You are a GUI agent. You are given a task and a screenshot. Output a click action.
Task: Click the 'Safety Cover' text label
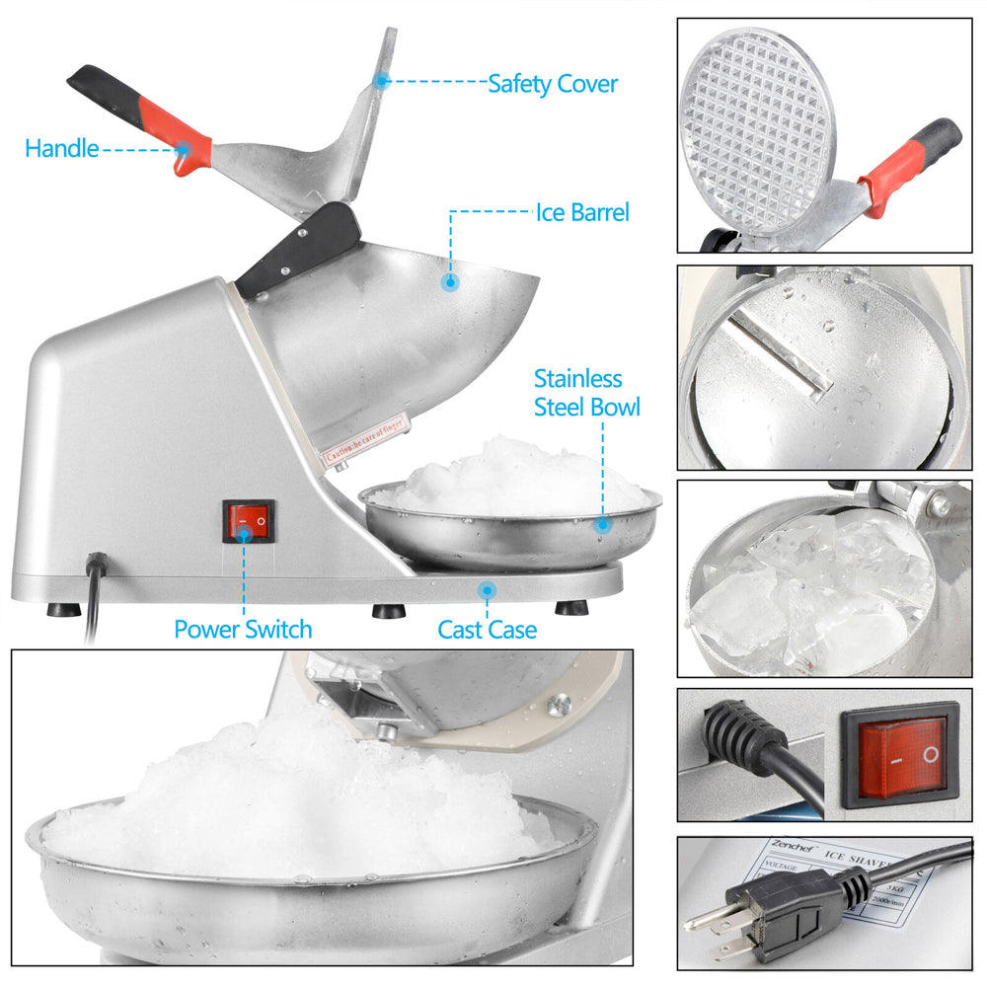[x=553, y=84]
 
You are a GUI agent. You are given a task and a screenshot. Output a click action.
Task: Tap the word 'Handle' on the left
[x=61, y=149]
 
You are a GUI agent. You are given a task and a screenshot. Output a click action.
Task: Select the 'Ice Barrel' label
[x=581, y=212]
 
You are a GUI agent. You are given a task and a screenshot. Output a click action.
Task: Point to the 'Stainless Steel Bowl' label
[x=586, y=392]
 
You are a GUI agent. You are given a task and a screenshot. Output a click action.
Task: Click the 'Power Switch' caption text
[x=243, y=629]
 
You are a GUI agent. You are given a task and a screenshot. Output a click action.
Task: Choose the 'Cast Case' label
[x=487, y=629]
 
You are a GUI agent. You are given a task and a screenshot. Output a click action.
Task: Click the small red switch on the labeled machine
[x=249, y=519]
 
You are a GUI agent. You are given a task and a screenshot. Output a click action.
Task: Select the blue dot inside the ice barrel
[x=451, y=282]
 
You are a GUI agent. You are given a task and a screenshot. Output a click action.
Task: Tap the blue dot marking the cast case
[x=486, y=590]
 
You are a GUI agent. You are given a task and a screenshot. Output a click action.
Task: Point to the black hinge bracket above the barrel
[x=299, y=249]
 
